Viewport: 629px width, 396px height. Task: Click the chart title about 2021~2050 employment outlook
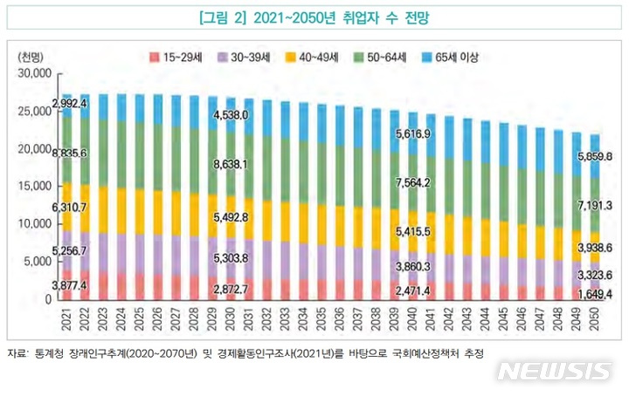(314, 17)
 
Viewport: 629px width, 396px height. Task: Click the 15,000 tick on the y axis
(35, 187)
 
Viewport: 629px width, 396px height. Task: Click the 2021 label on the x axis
(66, 318)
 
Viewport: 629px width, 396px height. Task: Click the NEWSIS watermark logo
(554, 370)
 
